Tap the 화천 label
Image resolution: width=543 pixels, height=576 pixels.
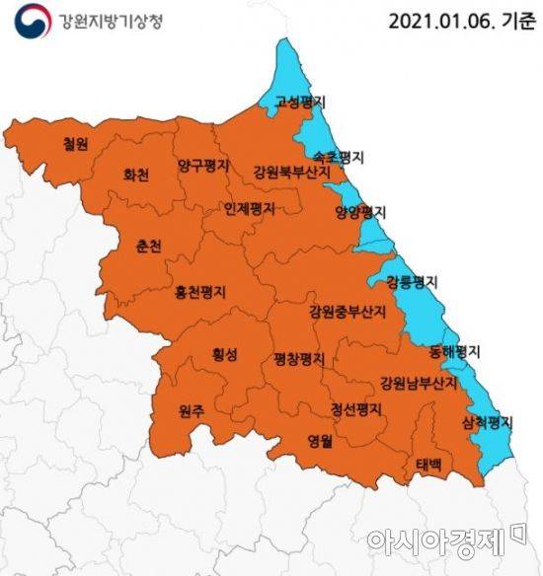click(x=136, y=176)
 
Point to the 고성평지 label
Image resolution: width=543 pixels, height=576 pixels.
click(x=302, y=102)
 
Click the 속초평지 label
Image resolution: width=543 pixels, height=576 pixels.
click(x=339, y=157)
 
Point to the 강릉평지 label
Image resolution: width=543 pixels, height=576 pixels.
click(x=412, y=281)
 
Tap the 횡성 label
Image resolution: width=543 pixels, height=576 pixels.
click(x=224, y=358)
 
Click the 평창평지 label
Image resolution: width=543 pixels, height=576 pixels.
click(x=299, y=359)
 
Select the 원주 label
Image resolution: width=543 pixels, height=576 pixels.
click(x=192, y=411)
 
